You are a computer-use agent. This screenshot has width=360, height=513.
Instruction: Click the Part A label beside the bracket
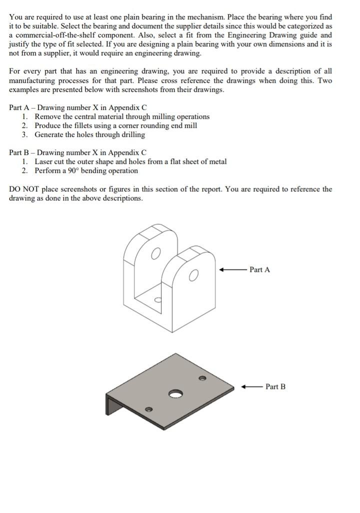(x=259, y=269)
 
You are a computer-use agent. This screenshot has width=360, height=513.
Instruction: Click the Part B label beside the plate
(x=275, y=386)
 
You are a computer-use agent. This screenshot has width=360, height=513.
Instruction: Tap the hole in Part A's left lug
(x=156, y=254)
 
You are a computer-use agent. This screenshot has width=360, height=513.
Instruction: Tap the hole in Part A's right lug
(x=194, y=275)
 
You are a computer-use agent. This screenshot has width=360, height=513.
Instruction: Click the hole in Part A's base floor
(x=157, y=300)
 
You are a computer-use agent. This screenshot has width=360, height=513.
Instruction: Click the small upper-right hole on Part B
(x=202, y=378)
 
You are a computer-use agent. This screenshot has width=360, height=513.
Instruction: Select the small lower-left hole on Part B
(x=148, y=409)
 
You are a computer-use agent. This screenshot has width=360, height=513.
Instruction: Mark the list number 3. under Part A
(x=24, y=135)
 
